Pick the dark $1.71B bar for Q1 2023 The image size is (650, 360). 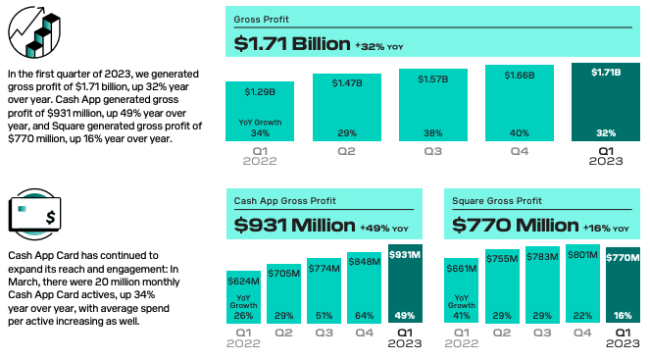coord(606,104)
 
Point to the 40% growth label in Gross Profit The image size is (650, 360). coord(520,133)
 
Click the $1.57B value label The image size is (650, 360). coord(432,79)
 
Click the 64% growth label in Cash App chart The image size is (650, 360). coord(364,315)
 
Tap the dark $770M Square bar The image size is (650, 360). coord(623,289)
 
